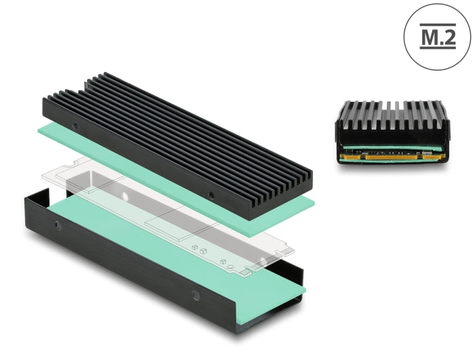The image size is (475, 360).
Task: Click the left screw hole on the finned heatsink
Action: coord(75,127)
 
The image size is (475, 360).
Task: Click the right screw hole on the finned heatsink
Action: coord(211,196)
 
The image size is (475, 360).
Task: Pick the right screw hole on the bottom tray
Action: coord(195,295)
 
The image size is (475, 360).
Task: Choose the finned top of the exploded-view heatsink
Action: coord(176,129)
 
